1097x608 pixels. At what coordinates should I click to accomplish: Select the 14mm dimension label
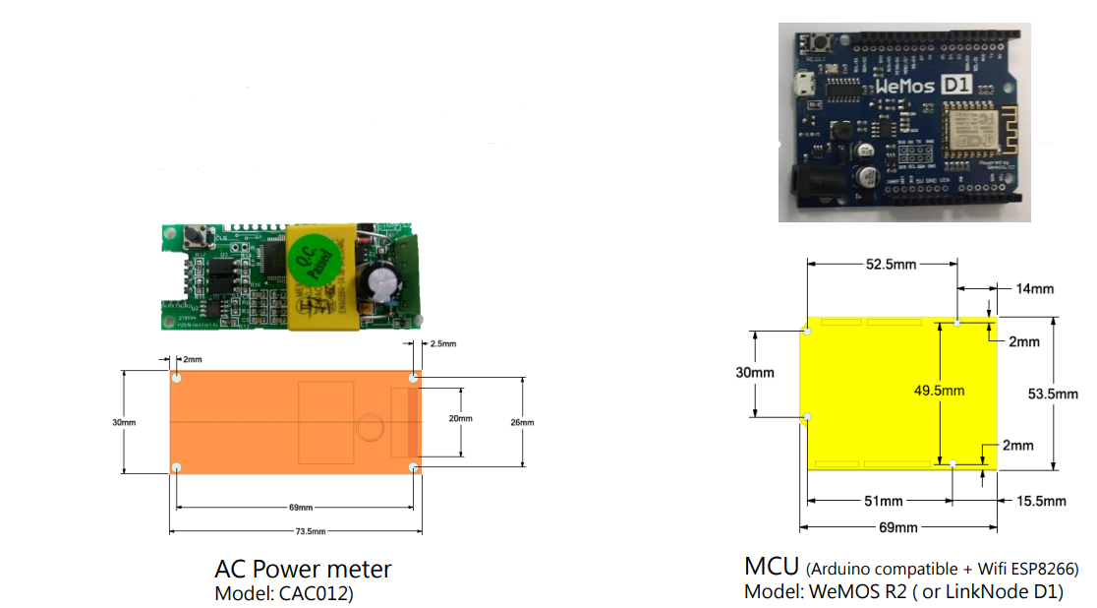[x=1035, y=288]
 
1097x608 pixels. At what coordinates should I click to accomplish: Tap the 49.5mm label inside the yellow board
[x=940, y=391]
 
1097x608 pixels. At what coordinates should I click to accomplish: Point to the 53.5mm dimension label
[x=1054, y=394]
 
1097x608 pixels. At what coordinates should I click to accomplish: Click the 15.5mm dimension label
[x=1041, y=501]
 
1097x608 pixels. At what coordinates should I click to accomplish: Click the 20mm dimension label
[x=461, y=418]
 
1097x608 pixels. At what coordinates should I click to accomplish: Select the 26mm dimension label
[x=523, y=422]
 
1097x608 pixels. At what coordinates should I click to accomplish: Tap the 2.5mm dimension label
[x=443, y=344]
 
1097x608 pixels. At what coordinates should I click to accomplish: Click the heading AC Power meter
[x=303, y=569]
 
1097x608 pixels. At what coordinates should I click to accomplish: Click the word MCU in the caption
[x=772, y=567]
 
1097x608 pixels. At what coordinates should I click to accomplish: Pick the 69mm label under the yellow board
[x=897, y=528]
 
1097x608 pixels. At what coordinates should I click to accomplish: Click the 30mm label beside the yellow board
[x=755, y=373]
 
